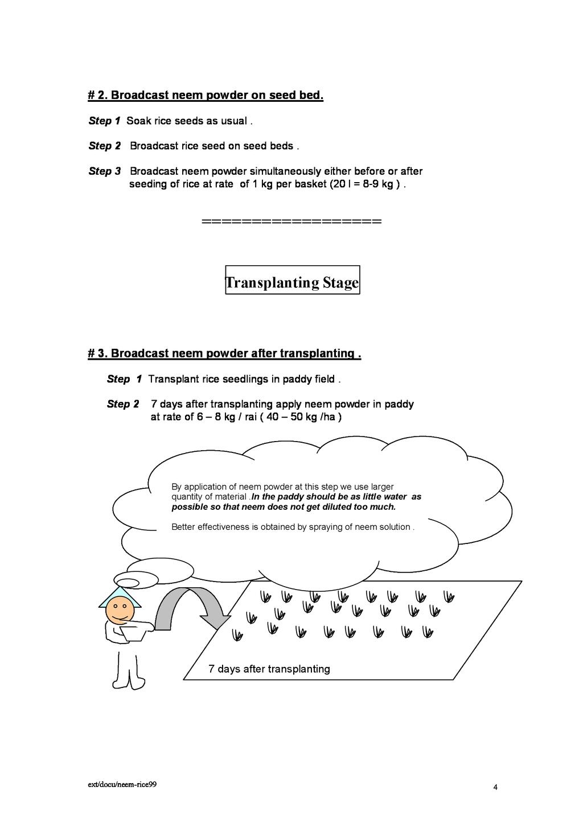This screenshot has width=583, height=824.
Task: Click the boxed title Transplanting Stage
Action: [292, 282]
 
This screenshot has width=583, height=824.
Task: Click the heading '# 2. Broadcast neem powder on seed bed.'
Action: [206, 95]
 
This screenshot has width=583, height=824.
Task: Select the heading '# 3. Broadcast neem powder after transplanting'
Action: [224, 353]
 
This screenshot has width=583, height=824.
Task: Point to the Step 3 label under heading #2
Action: [105, 171]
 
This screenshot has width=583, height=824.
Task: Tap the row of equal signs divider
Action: [291, 221]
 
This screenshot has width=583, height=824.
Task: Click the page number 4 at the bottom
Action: [495, 788]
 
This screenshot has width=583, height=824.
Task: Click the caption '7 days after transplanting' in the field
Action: [269, 669]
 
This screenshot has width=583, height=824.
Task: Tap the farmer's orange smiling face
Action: [120, 610]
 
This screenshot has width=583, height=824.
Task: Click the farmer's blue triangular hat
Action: [121, 594]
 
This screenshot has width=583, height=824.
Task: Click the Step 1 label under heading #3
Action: [124, 379]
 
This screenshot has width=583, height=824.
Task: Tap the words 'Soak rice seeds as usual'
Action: [186, 121]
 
